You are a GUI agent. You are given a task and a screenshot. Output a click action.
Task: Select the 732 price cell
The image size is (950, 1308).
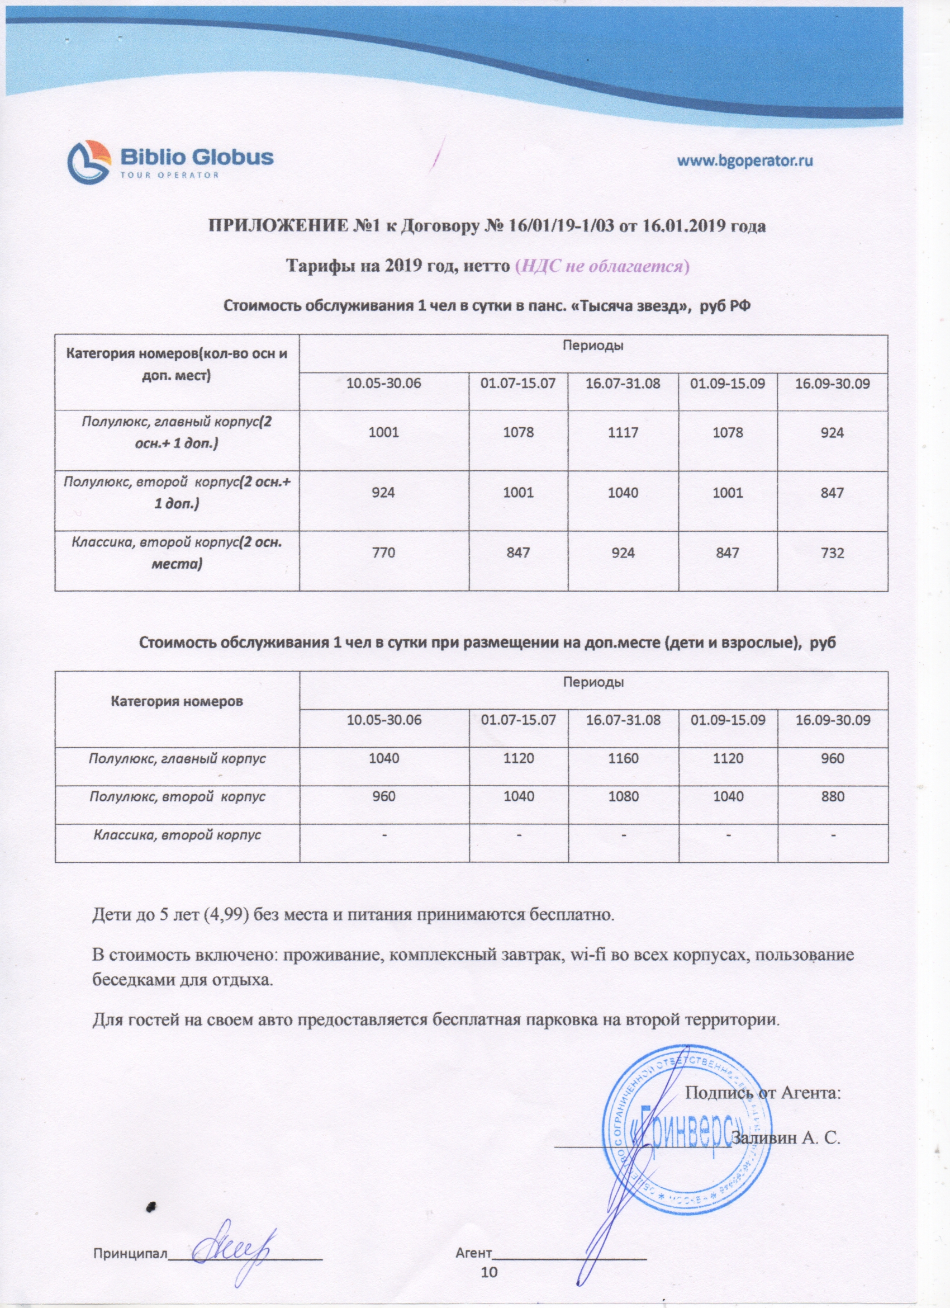tap(832, 553)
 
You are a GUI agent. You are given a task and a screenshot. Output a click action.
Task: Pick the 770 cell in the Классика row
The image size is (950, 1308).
tap(384, 553)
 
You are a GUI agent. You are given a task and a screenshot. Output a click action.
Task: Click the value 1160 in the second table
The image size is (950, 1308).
tap(623, 758)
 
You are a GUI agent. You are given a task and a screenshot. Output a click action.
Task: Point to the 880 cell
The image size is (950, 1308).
tap(832, 796)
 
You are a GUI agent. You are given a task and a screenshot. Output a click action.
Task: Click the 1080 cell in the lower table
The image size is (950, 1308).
tap(623, 796)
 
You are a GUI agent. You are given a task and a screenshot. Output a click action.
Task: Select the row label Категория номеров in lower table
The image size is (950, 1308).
tap(177, 701)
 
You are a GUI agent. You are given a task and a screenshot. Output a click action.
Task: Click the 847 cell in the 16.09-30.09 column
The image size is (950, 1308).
tap(832, 493)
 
